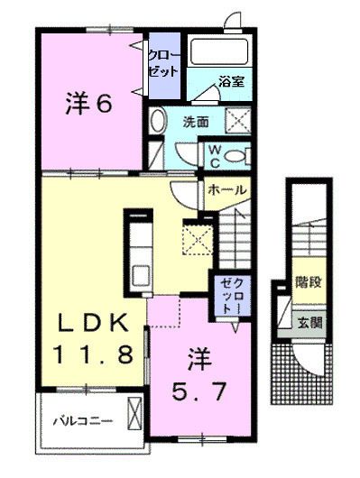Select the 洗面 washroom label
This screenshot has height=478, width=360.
[198, 120]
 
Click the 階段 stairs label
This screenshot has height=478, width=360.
[309, 283]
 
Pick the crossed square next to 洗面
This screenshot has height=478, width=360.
[237, 120]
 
